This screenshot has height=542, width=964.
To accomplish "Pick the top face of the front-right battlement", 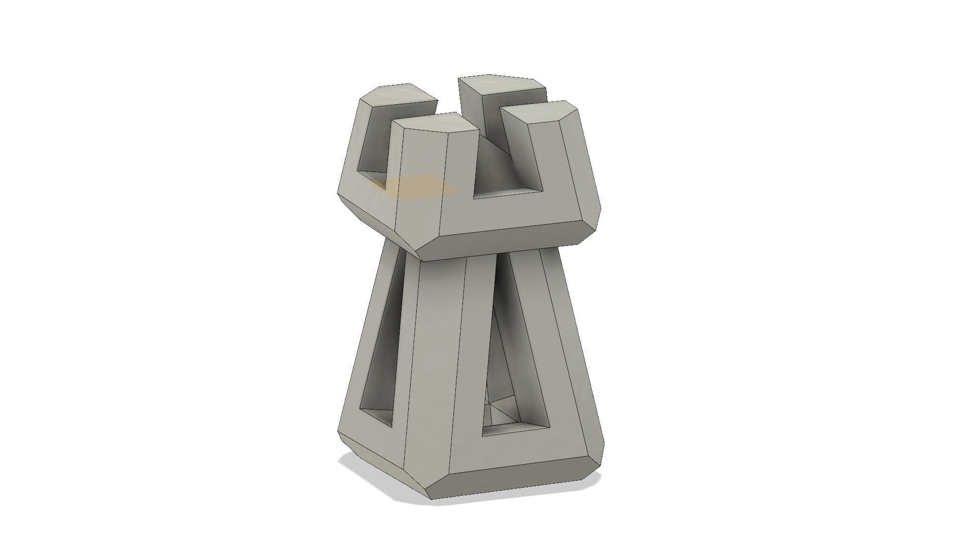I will (x=542, y=113).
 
